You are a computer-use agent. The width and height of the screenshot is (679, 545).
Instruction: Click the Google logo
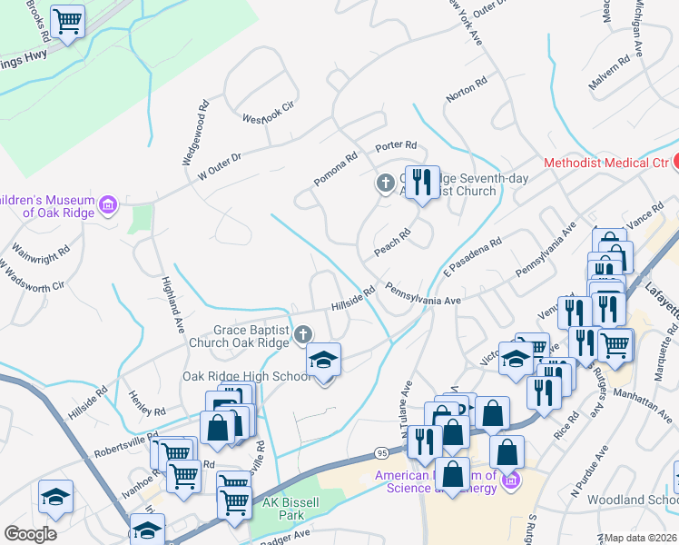(30, 534)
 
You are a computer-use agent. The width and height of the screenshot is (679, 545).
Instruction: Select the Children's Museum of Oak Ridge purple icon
(109, 204)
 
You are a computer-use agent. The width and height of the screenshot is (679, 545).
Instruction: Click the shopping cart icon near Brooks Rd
(67, 22)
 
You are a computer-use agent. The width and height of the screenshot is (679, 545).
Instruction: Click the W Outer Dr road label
(213, 163)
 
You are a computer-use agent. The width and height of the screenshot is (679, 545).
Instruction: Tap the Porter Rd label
(396, 145)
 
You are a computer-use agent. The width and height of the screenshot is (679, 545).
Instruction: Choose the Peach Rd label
(393, 240)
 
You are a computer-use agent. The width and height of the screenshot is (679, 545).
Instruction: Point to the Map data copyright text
(641, 538)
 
